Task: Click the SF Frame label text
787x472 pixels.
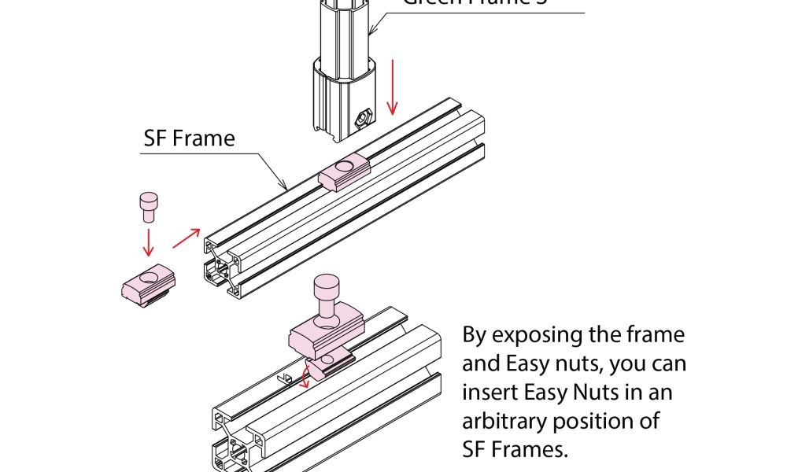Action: [x=189, y=138]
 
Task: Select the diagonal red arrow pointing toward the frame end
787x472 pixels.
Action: [x=186, y=236]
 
